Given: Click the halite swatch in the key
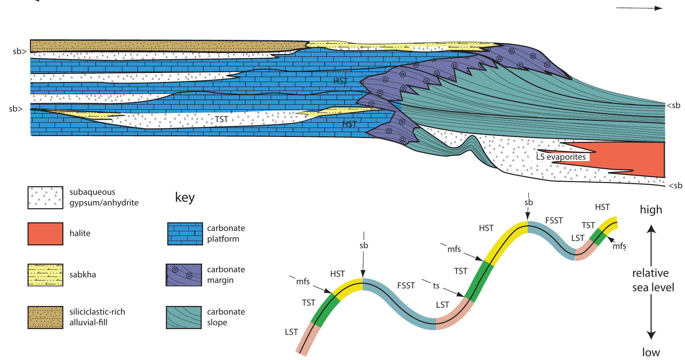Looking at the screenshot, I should click(45, 234).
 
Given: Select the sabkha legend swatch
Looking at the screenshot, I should click(45, 275).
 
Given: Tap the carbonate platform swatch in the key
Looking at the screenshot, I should click(185, 234).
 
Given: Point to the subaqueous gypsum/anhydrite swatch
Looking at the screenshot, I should click(45, 198).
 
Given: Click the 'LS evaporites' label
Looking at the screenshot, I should click(561, 157).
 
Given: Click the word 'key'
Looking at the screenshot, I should click(185, 198).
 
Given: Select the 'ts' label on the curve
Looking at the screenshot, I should click(436, 286).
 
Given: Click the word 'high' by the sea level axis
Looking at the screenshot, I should click(651, 210).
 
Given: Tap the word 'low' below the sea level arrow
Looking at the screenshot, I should click(651, 352).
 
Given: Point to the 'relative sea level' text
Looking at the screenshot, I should click(653, 280).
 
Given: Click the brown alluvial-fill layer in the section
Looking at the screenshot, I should click(165, 45).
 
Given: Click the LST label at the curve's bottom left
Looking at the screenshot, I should click(291, 332).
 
